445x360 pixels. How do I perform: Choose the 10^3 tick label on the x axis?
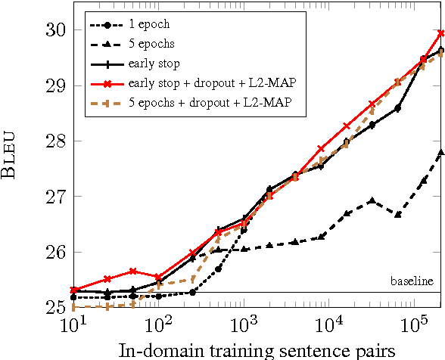(x=243, y=326)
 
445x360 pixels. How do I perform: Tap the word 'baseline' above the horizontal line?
(x=412, y=281)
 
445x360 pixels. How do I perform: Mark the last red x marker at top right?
(x=440, y=33)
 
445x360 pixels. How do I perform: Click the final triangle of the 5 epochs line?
(x=440, y=152)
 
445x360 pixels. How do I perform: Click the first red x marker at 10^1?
(x=73, y=290)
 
